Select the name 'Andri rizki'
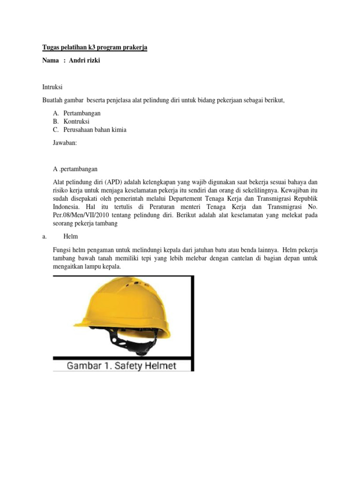[84, 60]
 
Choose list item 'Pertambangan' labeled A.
[82, 113]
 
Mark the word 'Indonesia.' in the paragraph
[68, 207]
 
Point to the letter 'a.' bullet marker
[45, 237]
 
